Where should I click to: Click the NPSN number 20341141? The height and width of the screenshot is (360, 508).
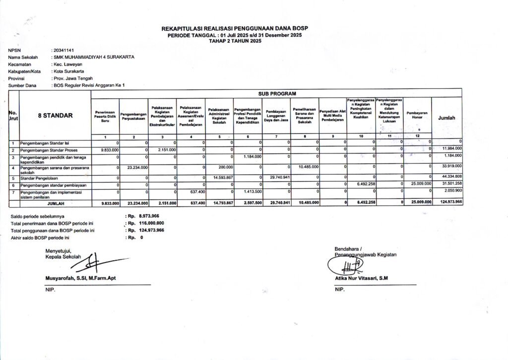click(63, 51)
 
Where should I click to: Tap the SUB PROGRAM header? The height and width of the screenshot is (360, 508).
click(276, 93)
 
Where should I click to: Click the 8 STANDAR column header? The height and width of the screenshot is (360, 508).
click(55, 116)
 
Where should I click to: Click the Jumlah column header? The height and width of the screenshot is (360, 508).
click(446, 118)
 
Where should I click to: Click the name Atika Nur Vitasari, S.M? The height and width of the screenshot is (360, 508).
click(361, 279)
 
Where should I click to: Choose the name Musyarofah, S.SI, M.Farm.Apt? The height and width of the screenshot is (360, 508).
click(82, 279)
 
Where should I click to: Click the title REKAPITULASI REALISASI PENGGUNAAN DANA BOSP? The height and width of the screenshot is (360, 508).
click(235, 29)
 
